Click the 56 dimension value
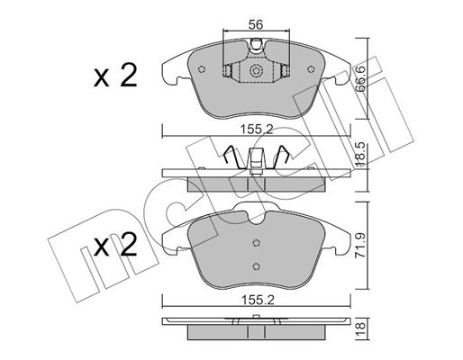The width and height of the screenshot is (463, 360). coord(256,24)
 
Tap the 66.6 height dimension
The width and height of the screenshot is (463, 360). coord(359,79)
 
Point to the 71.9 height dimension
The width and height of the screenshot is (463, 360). coord(359,245)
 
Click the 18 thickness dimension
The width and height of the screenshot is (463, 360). coord(360,328)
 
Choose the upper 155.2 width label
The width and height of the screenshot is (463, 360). coord(257,130)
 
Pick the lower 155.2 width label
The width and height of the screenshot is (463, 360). coord(258,300)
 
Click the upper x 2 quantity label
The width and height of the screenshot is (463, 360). coord(115,76)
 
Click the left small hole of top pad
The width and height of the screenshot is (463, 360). coord(202,69)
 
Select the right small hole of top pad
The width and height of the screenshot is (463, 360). coord(311,69)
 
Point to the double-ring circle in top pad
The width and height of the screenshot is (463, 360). coord(256,71)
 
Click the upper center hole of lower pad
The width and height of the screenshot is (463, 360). coord(256,243)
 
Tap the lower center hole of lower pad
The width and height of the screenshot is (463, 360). coord(256,266)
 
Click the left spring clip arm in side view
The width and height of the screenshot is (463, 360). coord(232,157)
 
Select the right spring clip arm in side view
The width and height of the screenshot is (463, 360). coord(281,157)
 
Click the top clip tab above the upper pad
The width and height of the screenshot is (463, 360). coord(256,45)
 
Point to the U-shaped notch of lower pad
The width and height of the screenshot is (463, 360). coord(256,218)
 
